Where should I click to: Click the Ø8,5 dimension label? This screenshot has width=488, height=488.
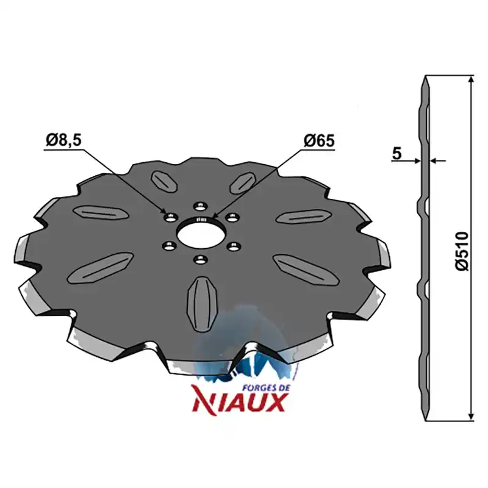[x=64, y=140]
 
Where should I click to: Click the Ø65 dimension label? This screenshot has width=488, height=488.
[x=319, y=141]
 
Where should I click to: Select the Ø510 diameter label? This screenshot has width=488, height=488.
[x=462, y=251]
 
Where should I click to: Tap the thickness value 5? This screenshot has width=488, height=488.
[x=397, y=154]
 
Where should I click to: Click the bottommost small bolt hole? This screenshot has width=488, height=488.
[x=201, y=259]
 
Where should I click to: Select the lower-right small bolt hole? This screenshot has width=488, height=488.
[x=233, y=247]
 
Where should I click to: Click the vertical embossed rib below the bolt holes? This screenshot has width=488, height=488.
[x=200, y=304]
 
